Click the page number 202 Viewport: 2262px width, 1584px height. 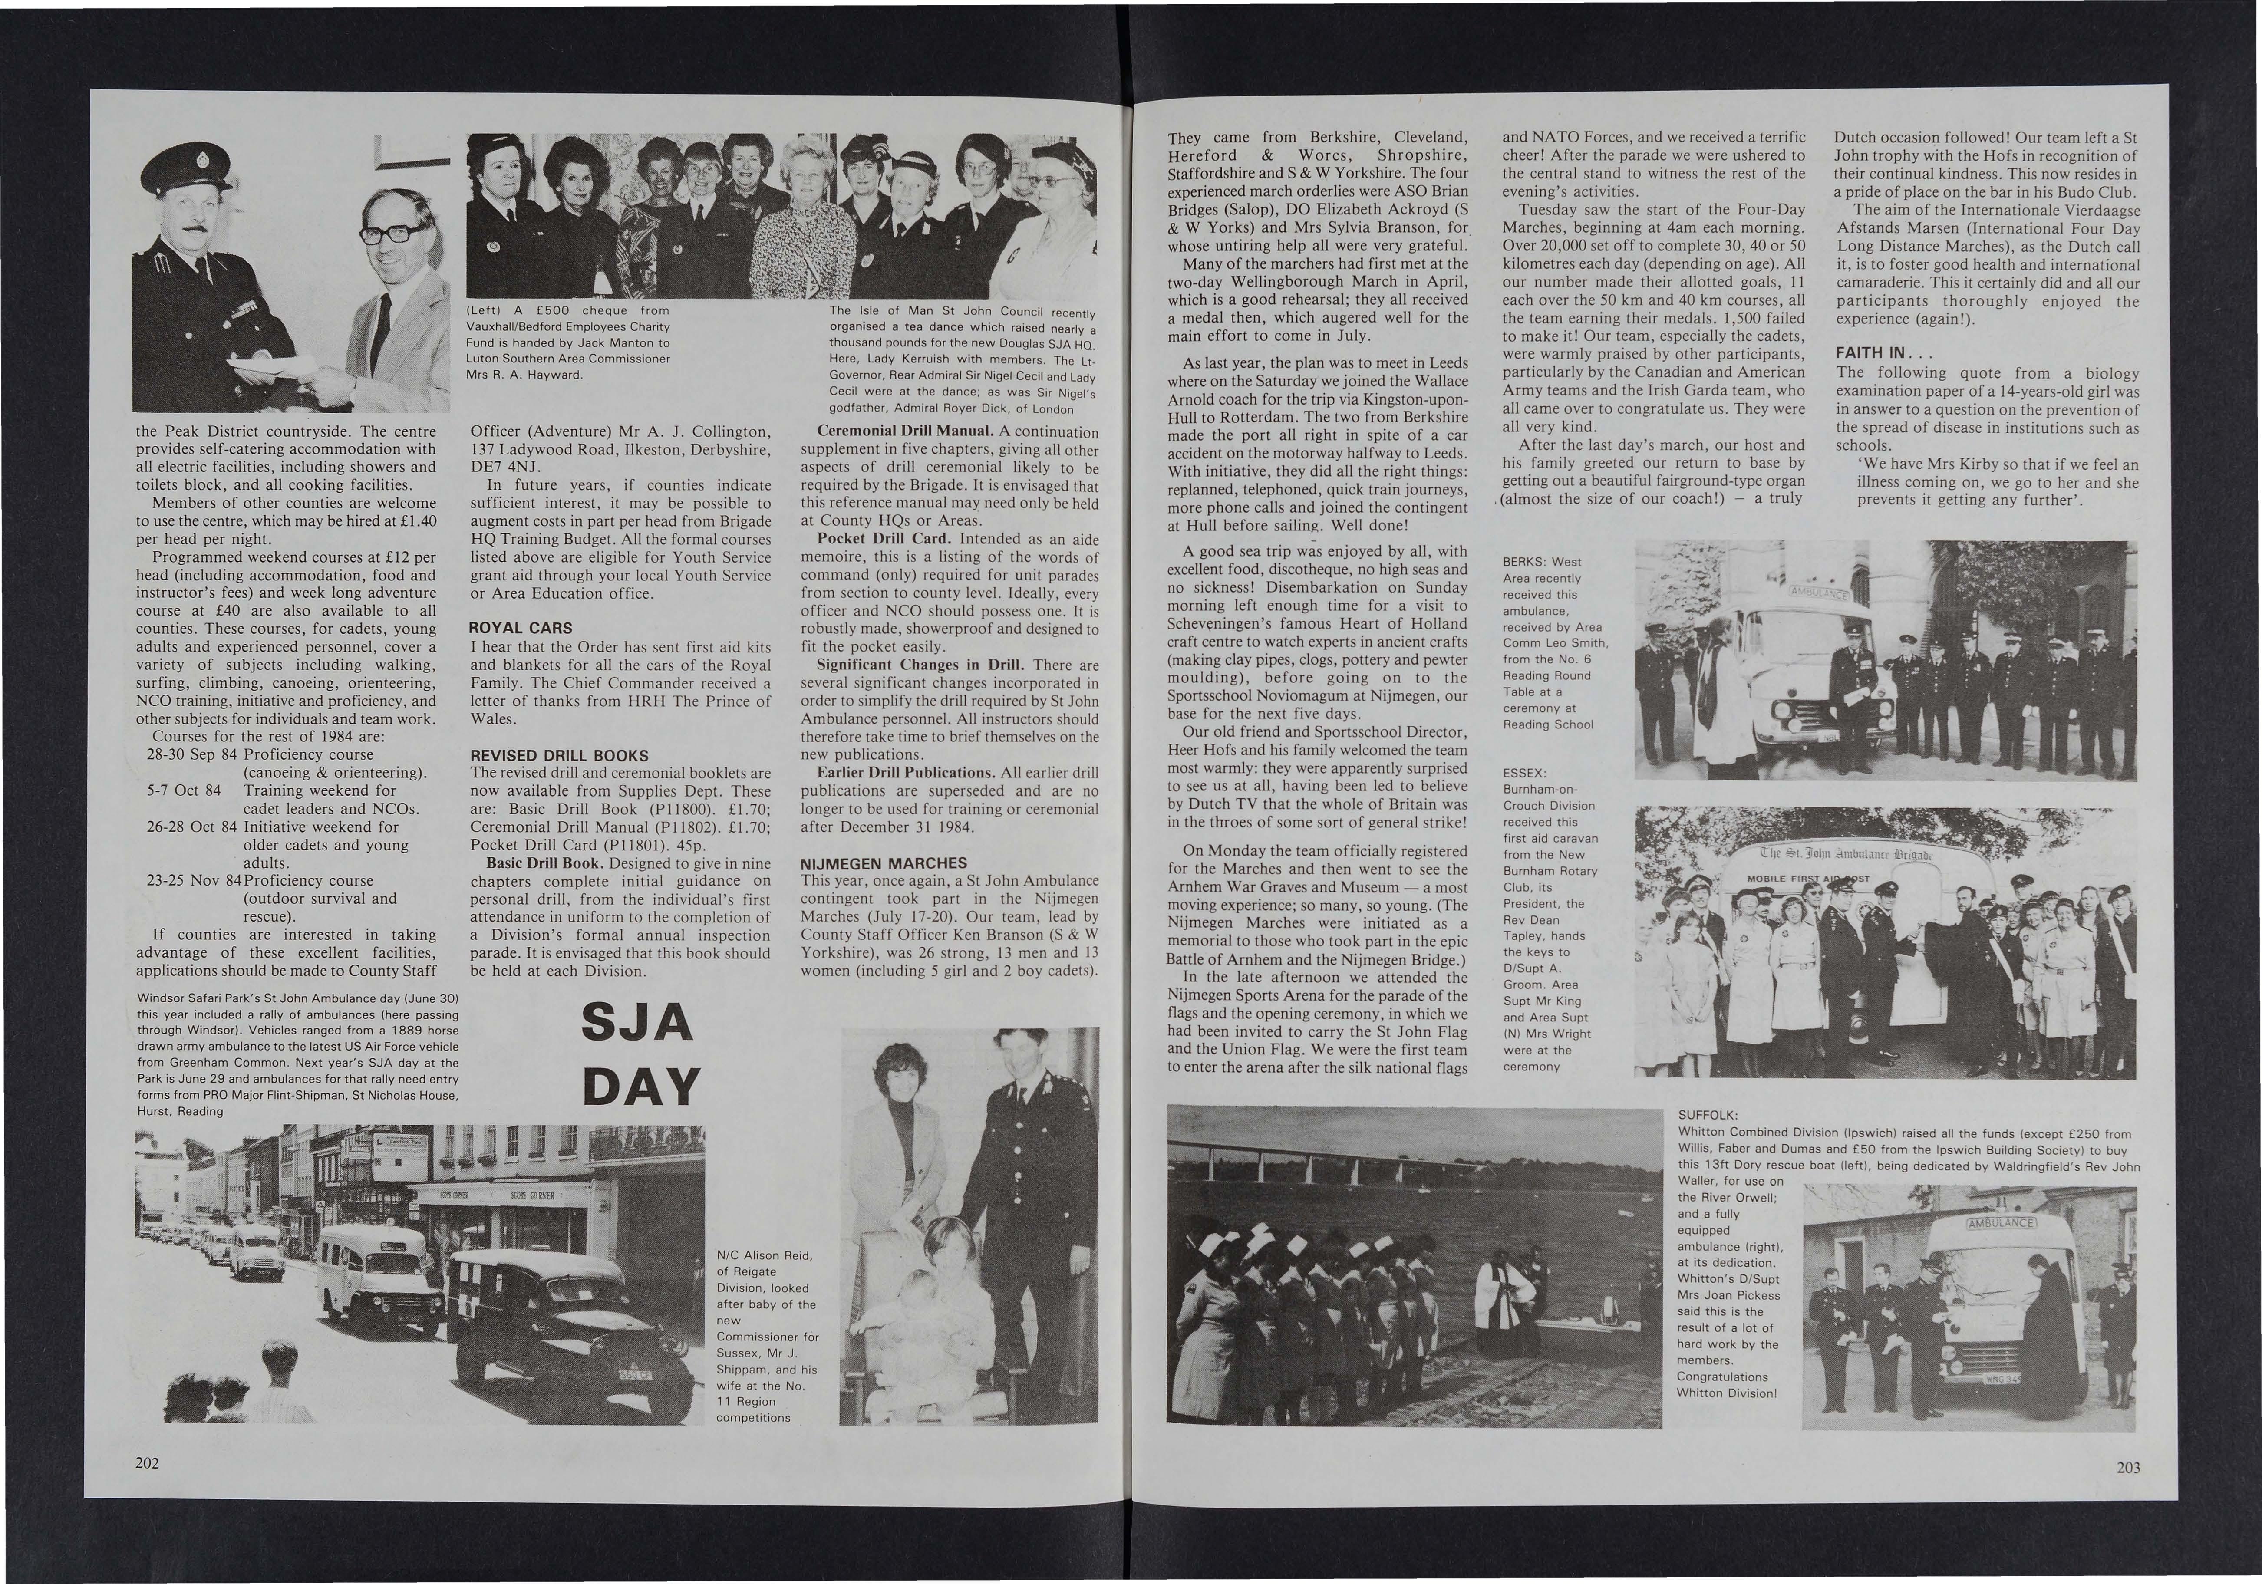click(148, 1463)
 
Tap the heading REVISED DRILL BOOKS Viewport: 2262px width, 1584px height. click(559, 756)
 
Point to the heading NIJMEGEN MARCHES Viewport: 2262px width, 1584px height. click(884, 863)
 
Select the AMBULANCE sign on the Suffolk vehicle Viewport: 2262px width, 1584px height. click(2000, 1222)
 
